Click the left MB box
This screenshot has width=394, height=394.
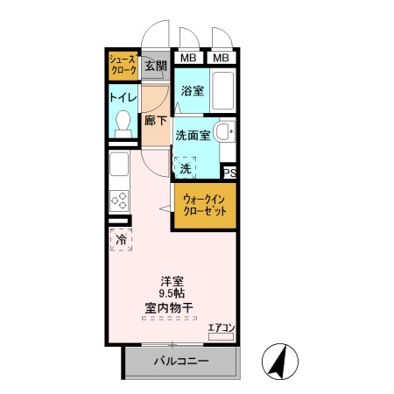(187, 59)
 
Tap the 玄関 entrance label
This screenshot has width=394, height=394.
(155, 66)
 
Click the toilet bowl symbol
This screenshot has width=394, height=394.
(122, 122)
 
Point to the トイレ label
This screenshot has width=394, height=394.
(122, 98)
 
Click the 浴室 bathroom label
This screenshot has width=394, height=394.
(192, 90)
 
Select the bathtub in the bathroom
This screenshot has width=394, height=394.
(224, 92)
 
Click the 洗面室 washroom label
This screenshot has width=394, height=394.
(193, 135)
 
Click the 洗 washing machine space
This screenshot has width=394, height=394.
(185, 165)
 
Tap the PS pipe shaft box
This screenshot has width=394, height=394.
(229, 173)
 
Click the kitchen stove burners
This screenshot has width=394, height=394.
(118, 200)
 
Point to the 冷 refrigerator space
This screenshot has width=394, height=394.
(120, 238)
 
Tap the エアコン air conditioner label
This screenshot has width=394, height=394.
(221, 328)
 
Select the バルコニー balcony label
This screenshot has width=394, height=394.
(181, 361)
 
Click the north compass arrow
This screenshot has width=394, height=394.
(279, 359)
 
